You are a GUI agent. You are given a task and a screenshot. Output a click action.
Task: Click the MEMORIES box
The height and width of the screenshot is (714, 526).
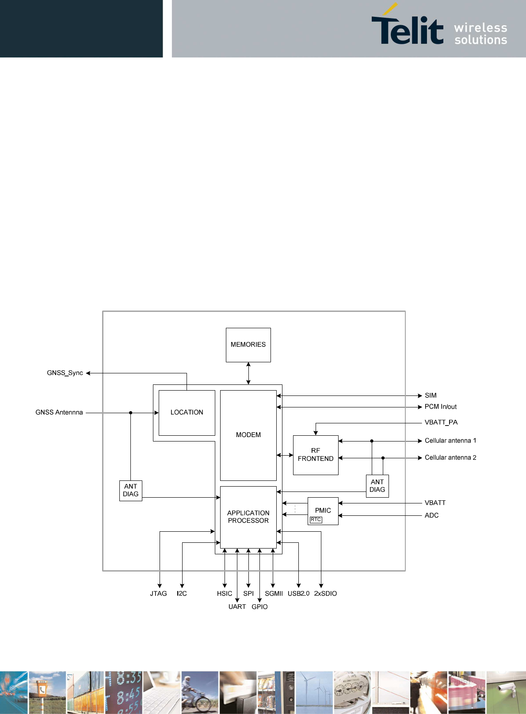(248, 345)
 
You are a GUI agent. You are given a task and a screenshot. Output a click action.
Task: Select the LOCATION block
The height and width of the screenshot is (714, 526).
(187, 413)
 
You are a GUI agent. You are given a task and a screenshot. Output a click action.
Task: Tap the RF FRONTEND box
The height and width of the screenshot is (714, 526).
(316, 455)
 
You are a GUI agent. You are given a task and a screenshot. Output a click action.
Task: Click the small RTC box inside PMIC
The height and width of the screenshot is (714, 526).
(316, 519)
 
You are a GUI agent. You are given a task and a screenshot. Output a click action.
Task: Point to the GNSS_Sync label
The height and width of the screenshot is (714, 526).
(65, 373)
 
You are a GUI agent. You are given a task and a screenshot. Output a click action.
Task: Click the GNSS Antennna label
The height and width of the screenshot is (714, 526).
(59, 412)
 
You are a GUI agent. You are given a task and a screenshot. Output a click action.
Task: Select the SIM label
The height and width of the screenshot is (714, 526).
(431, 395)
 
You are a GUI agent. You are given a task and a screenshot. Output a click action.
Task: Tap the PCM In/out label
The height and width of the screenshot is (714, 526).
(440, 407)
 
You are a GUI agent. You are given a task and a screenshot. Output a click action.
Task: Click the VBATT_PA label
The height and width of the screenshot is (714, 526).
(441, 422)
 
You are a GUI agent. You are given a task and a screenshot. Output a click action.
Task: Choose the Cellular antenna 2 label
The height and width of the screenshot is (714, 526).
(450, 457)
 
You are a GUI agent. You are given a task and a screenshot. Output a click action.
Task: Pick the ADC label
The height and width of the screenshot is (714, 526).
(431, 515)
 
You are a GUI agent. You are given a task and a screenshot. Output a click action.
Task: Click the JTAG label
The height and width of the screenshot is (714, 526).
(158, 594)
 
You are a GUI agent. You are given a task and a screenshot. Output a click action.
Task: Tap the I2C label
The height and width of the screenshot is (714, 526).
(182, 594)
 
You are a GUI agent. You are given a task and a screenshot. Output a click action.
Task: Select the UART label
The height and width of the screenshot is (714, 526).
(237, 607)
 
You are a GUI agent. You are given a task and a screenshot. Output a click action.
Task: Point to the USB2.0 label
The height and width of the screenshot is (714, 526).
(298, 594)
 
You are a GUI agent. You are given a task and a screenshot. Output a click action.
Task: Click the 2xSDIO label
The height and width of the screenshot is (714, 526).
(325, 594)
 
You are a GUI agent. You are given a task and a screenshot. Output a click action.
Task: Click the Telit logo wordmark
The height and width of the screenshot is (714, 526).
(407, 27)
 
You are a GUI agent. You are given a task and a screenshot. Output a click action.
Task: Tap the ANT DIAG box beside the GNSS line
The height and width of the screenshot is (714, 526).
(130, 491)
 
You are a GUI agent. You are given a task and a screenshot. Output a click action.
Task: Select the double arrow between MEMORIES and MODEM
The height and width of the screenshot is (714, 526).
(248, 373)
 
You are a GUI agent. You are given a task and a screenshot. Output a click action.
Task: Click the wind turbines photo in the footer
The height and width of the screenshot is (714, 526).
(314, 692)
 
